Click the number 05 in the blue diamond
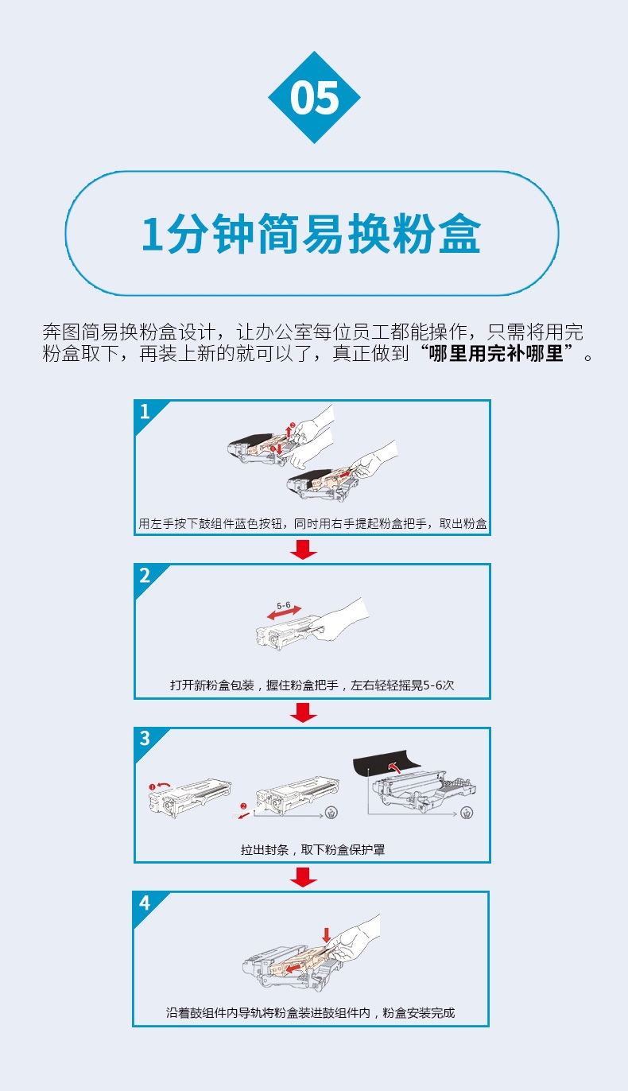point(314,98)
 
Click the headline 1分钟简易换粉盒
point(312,233)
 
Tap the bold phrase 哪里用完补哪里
point(495,353)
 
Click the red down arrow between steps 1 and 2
point(304,549)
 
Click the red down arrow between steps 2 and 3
point(304,713)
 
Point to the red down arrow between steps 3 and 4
point(304,876)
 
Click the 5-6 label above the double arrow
point(283,605)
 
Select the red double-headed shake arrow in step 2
point(285,613)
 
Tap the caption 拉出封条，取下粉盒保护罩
point(312,850)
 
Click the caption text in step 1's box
point(312,523)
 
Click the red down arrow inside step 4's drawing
point(327,934)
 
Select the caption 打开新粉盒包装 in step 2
point(211,685)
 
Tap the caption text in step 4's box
point(311,1013)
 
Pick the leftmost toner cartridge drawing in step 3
point(190,795)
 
